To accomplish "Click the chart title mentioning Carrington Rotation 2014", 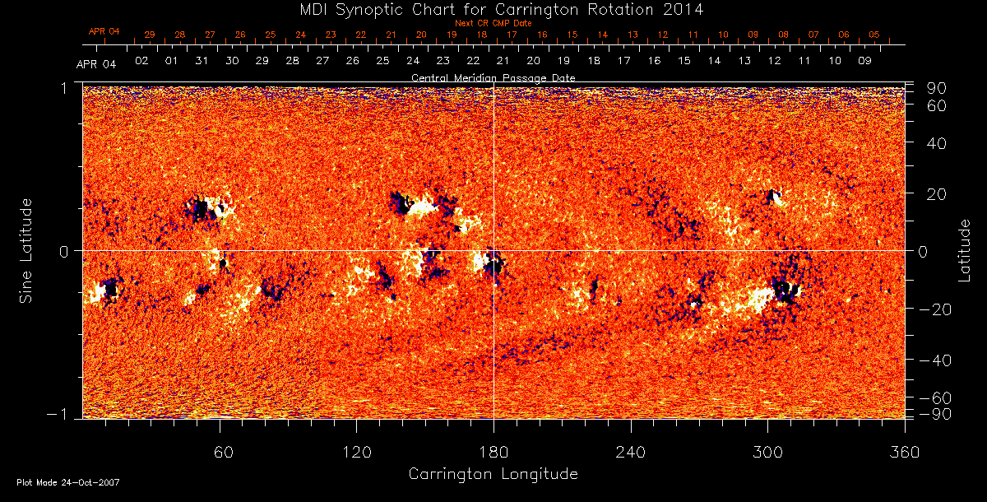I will click(x=492, y=9).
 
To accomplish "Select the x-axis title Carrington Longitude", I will click(x=493, y=474).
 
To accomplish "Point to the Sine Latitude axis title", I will click(x=26, y=249).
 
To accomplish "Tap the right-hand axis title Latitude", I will click(x=965, y=249).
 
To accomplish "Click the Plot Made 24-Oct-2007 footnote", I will click(x=68, y=482).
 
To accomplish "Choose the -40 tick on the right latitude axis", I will click(x=935, y=360).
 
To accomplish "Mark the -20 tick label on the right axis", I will click(x=935, y=309).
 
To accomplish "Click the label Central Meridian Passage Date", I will click(x=493, y=77).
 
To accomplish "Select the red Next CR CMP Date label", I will click(x=493, y=23).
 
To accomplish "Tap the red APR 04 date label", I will click(x=104, y=31).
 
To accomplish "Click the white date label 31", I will click(x=202, y=61).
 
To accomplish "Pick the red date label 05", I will click(x=873, y=35).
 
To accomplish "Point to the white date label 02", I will click(x=141, y=61).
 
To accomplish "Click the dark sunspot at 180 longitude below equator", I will click(x=495, y=265).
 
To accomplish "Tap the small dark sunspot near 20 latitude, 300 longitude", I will click(x=772, y=196).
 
